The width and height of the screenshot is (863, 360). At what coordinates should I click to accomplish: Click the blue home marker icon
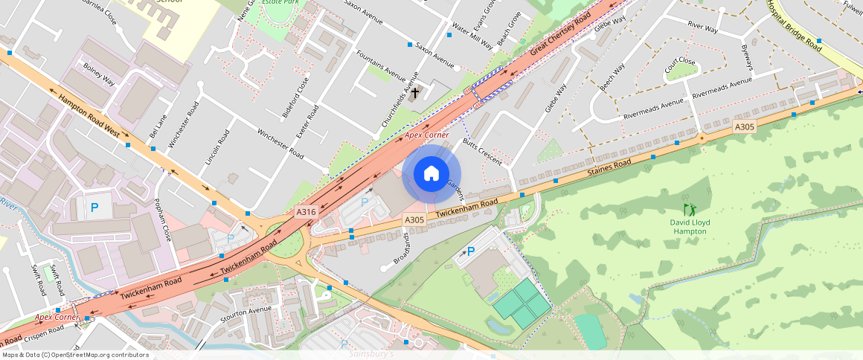click(431, 174)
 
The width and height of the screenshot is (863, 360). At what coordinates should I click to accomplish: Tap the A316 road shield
click(307, 212)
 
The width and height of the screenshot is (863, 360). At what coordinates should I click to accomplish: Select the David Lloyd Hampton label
click(690, 227)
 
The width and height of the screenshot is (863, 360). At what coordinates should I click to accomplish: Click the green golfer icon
click(689, 210)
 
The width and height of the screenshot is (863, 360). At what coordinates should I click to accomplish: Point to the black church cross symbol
click(414, 93)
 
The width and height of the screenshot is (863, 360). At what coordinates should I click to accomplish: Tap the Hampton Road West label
click(89, 115)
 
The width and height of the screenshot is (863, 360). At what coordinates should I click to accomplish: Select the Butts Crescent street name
click(482, 152)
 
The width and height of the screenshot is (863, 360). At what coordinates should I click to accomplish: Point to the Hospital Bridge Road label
click(794, 25)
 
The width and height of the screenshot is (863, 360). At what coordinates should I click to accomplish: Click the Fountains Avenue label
click(382, 66)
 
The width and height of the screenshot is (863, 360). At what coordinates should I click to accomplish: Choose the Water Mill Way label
click(472, 35)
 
